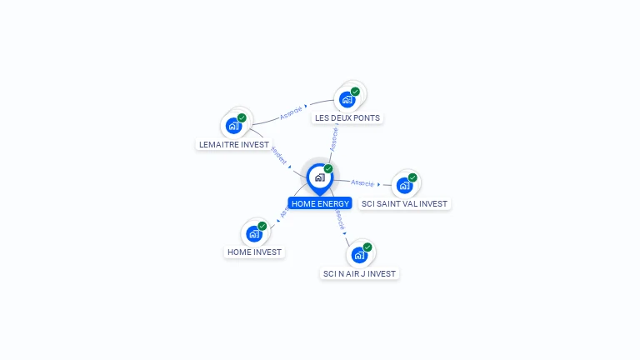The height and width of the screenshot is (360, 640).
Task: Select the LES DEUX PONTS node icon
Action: click(347, 100)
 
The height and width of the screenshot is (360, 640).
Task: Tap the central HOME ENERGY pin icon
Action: click(319, 177)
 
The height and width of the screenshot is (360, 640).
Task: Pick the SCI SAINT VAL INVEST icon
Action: click(404, 186)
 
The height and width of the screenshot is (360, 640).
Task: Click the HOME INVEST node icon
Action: click(253, 234)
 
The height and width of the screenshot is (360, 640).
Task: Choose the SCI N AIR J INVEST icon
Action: click(359, 255)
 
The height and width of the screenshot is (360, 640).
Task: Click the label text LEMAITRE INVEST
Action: click(233, 144)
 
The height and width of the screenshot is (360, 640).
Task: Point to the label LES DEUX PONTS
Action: click(347, 118)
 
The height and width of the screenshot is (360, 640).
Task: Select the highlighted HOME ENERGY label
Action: click(320, 203)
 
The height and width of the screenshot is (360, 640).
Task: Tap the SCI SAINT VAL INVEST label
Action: click(404, 203)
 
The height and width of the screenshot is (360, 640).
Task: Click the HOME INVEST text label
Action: click(254, 252)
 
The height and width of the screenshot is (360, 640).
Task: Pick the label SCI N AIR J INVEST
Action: click(360, 273)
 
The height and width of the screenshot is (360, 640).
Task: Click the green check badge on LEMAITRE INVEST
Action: click(242, 118)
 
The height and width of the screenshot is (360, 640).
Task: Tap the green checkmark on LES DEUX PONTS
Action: click(355, 92)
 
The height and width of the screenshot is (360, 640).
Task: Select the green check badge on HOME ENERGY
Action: click(328, 169)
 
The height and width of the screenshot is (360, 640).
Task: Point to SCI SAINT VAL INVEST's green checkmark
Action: click(412, 177)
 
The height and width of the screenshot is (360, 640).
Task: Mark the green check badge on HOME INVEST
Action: click(262, 226)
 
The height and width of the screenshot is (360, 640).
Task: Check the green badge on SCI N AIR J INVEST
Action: click(367, 247)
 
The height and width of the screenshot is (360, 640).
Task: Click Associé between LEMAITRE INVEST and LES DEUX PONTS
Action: click(292, 112)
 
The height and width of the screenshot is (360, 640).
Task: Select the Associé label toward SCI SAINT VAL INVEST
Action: click(362, 182)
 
